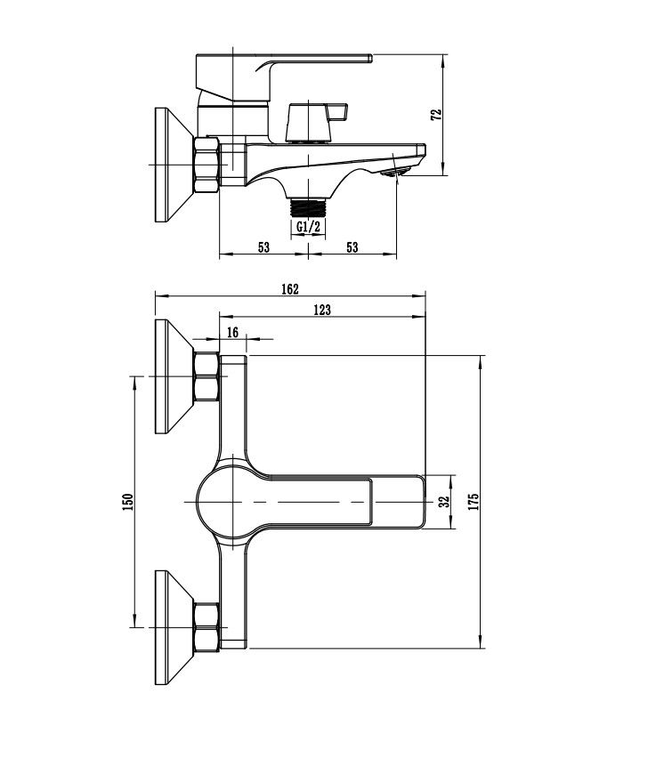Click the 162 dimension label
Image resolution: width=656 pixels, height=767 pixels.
pyautogui.click(x=289, y=288)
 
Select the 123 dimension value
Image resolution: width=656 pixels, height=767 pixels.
pyautogui.click(x=322, y=309)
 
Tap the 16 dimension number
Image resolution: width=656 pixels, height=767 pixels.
pyautogui.click(x=233, y=332)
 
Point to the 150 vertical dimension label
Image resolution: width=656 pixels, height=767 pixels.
pyautogui.click(x=128, y=502)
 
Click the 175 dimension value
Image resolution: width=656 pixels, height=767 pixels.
pyautogui.click(x=473, y=501)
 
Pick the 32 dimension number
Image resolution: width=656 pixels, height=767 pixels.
pyautogui.click(x=443, y=501)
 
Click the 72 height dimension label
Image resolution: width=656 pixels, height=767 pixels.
pyautogui.click(x=435, y=116)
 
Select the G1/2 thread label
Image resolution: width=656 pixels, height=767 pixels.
pyautogui.click(x=308, y=227)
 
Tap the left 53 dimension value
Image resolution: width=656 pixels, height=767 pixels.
pyautogui.click(x=263, y=247)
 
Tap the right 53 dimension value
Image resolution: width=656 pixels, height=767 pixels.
pyautogui.click(x=352, y=247)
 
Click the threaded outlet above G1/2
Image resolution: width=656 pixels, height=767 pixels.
pyautogui.click(x=308, y=207)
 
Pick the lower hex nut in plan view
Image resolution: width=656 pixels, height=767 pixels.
pyautogui.click(x=206, y=628)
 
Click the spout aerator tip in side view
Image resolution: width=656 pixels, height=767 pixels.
pyautogui.click(x=395, y=171)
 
